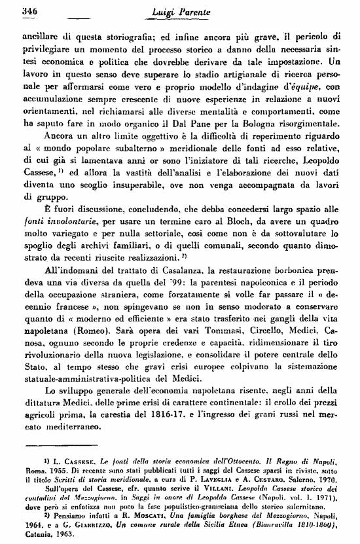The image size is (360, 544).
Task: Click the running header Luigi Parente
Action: (179, 10)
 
